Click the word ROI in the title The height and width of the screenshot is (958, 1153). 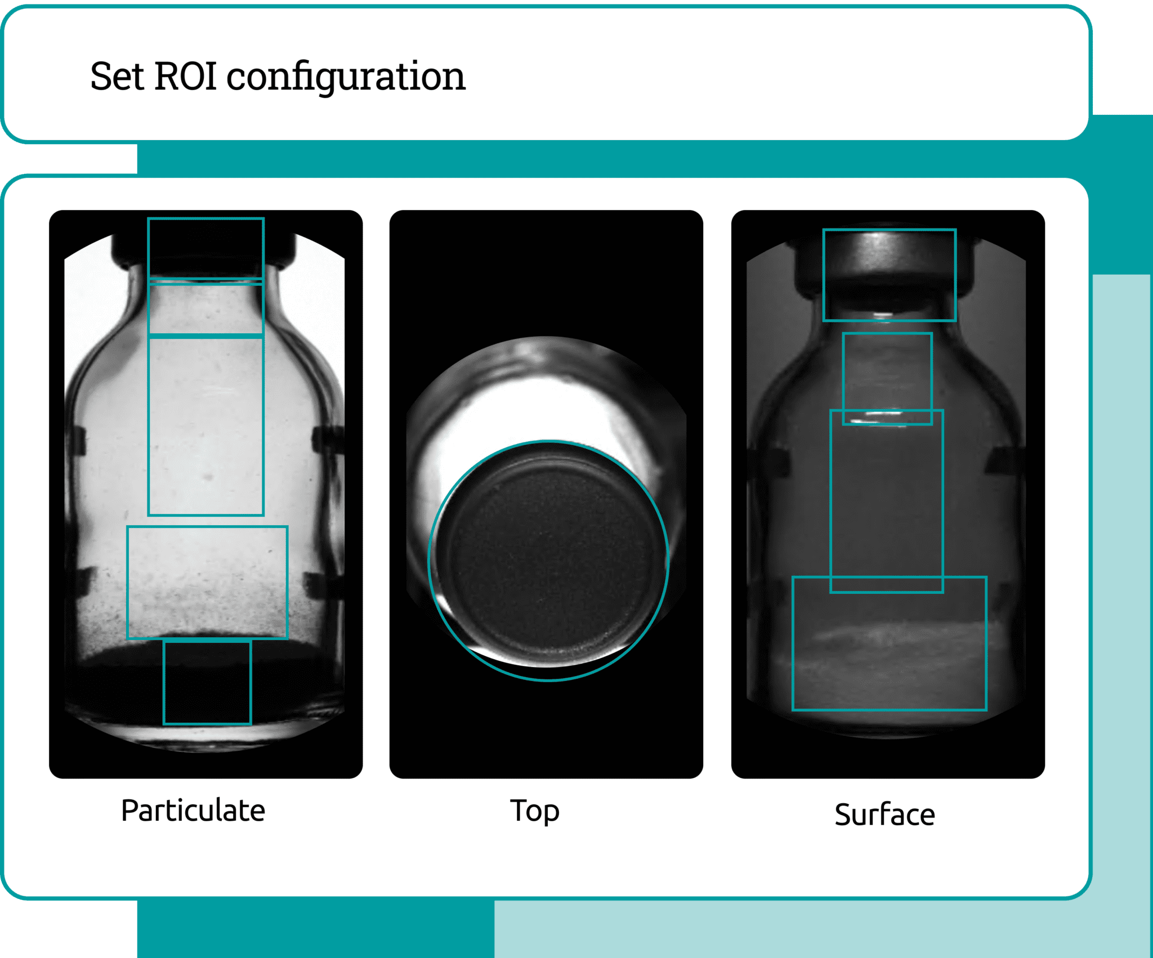(x=185, y=76)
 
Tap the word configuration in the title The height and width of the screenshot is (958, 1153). (x=346, y=78)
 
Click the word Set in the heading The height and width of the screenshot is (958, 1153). (x=117, y=76)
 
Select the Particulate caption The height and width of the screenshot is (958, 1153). (x=193, y=811)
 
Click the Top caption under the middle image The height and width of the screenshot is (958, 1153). (x=535, y=812)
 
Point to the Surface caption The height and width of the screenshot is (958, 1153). (x=884, y=814)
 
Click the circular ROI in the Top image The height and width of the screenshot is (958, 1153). (x=428, y=561)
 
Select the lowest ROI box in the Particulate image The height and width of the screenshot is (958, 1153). (x=164, y=682)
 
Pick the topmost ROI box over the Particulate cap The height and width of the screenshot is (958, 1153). (x=149, y=248)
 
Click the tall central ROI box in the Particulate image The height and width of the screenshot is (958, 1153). (x=149, y=426)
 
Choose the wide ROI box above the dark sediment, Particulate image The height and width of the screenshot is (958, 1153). (x=128, y=583)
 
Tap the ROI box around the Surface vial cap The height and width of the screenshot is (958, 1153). (x=824, y=275)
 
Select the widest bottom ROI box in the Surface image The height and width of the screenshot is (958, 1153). (x=793, y=643)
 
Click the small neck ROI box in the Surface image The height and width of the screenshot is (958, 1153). (x=843, y=379)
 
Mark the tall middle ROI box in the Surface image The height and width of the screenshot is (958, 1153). (x=832, y=501)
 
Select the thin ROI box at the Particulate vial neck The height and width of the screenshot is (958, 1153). (x=149, y=308)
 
